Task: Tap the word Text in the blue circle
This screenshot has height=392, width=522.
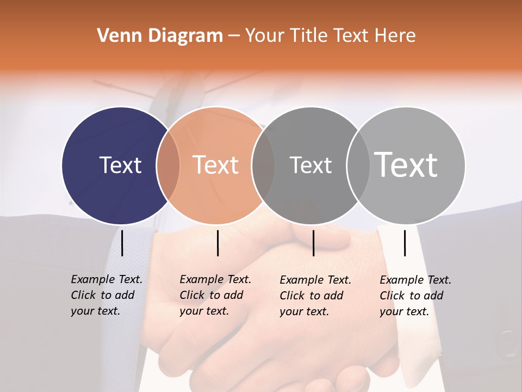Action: (120, 165)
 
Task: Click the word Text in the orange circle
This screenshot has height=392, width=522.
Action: (216, 165)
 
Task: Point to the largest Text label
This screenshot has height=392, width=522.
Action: (406, 164)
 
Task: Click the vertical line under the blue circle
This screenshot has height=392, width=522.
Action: (122, 243)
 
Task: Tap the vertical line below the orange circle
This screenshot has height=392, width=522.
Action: (217, 243)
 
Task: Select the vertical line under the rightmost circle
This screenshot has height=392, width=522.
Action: (405, 243)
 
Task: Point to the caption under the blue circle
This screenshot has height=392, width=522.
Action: (106, 295)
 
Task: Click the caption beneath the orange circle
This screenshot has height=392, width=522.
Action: (215, 295)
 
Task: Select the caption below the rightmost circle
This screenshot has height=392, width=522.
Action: (415, 296)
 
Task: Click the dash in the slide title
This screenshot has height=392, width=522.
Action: (234, 36)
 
